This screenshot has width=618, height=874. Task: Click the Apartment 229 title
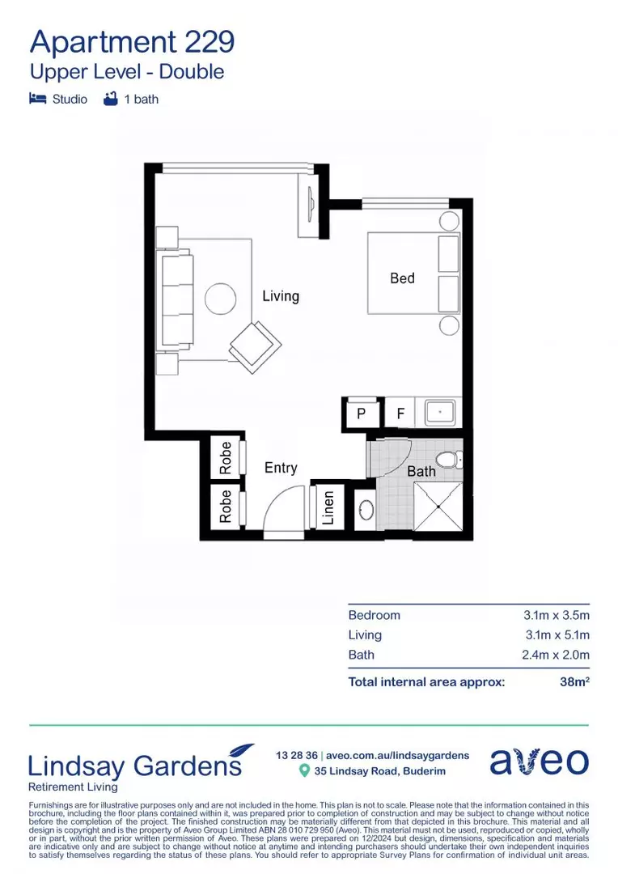coord(132,40)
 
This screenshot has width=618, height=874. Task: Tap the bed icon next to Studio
coord(37,100)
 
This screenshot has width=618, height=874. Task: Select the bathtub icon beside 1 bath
coord(111,100)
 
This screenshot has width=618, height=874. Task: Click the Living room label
coord(281,296)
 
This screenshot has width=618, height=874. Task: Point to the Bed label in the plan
coord(402,278)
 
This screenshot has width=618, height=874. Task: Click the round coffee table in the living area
coord(220,299)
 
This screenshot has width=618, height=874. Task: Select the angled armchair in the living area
coord(256,347)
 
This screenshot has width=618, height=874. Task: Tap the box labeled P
coord(361,413)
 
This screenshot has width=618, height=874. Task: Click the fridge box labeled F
coord(400,413)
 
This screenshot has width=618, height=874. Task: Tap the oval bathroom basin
coord(366,511)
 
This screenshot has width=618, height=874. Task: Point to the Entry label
coord(281,468)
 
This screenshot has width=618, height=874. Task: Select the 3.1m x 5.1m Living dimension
coord(557,635)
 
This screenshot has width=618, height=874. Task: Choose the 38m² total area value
coord(574,682)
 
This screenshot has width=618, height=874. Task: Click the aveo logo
coord(539,762)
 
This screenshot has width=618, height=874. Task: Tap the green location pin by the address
coord(304,770)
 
